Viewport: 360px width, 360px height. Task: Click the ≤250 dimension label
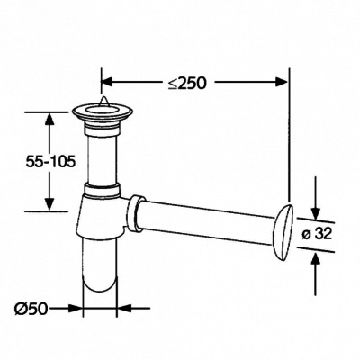coord(187,83)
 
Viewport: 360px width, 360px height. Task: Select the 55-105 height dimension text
coord(50,162)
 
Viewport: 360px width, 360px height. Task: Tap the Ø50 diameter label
coord(31,308)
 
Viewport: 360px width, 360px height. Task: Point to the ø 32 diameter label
coord(317,234)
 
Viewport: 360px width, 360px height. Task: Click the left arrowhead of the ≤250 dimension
coord(107,82)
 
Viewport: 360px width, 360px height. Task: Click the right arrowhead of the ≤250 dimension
coord(282,82)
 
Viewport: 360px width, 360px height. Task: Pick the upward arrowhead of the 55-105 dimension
coord(49,119)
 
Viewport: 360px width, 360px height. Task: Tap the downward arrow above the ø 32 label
coord(315,199)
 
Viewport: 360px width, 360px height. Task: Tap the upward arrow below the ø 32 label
coord(315,274)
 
